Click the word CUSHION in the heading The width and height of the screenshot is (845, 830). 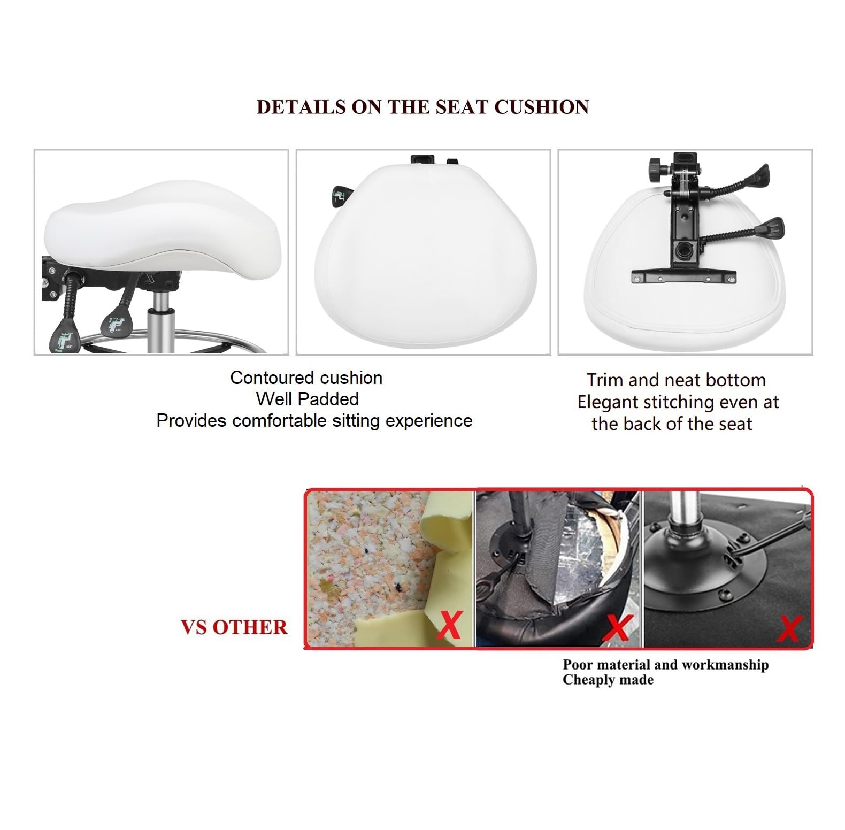[541, 107]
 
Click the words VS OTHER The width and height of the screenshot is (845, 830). [234, 627]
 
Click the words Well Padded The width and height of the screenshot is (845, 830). [308, 399]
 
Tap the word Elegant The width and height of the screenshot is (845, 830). [608, 402]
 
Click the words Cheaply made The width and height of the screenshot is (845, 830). [608, 680]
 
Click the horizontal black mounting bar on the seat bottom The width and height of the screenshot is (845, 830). [684, 277]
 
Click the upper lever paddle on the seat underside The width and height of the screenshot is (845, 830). [759, 174]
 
